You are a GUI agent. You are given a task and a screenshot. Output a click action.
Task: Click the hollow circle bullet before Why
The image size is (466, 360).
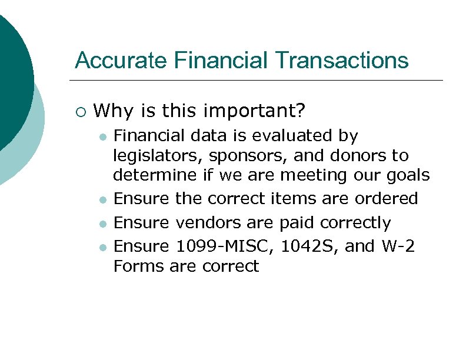(81, 111)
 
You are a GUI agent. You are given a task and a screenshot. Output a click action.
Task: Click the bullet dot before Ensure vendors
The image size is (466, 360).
(102, 224)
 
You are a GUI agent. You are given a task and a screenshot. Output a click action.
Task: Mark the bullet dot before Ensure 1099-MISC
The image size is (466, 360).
(102, 248)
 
